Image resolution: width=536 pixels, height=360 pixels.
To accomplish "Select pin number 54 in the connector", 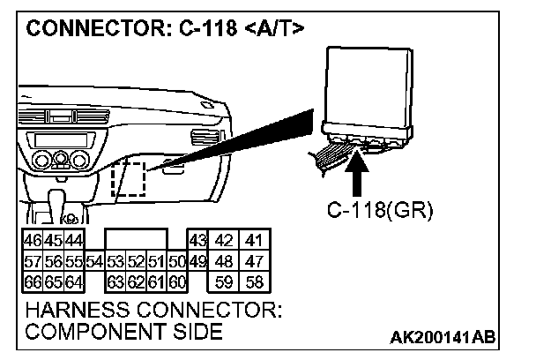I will point(96,262).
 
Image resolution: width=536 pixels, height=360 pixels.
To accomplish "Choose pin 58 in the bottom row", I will point(256,282).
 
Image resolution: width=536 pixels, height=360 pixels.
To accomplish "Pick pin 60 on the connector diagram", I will point(176,282).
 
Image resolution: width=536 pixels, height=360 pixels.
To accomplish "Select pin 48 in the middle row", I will point(226,262).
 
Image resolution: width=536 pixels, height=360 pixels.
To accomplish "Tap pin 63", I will point(114,282).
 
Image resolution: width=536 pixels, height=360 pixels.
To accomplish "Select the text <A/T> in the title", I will point(273,28).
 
